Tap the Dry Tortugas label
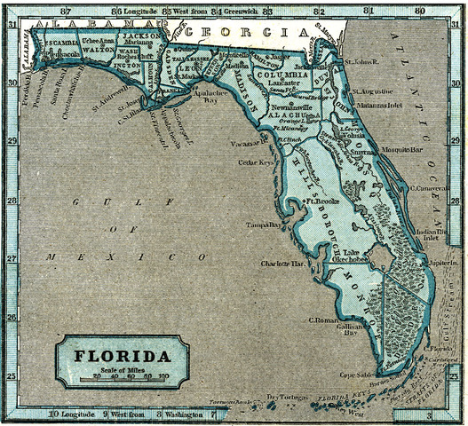pos(283,396)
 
